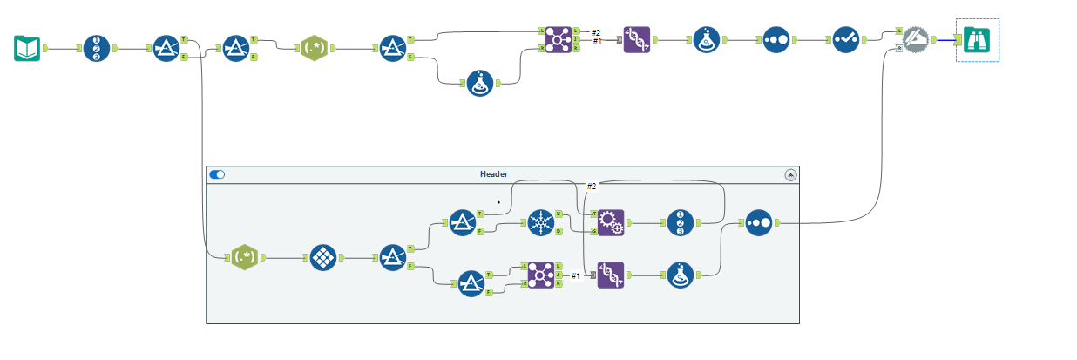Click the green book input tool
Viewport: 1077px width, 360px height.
point(28,49)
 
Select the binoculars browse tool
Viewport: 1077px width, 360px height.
point(977,40)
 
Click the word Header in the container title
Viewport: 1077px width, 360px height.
point(493,174)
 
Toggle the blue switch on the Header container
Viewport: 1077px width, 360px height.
point(217,174)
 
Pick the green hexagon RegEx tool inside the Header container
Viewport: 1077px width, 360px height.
point(245,258)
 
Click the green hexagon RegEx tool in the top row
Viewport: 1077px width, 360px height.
point(315,49)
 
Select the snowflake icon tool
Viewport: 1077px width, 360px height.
point(541,223)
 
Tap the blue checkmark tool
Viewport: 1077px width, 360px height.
point(845,40)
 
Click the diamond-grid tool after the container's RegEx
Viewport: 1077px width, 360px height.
point(323,258)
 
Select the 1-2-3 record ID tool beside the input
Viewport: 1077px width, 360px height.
point(97,49)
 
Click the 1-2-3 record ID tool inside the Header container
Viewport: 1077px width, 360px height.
point(681,223)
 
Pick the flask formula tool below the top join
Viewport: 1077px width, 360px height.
point(480,84)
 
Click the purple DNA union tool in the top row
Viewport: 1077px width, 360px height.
point(637,40)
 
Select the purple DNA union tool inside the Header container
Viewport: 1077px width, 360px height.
point(611,275)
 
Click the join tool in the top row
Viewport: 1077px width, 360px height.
point(559,40)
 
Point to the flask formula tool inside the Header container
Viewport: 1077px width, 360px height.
point(681,275)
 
